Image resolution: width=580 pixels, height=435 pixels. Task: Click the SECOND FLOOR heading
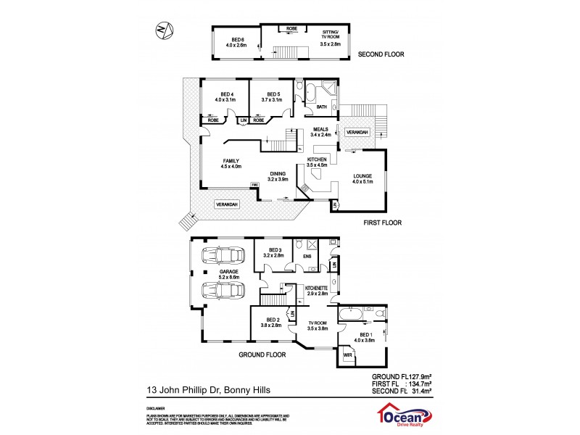[x=380, y=54]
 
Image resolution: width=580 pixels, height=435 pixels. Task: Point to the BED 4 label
[x=226, y=96]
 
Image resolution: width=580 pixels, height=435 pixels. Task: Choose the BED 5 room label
[x=273, y=96]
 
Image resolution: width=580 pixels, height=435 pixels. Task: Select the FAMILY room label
[x=231, y=164]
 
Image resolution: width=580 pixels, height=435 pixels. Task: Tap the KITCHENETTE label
[x=317, y=290]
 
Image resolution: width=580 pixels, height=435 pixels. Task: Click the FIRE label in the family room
[x=254, y=185]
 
